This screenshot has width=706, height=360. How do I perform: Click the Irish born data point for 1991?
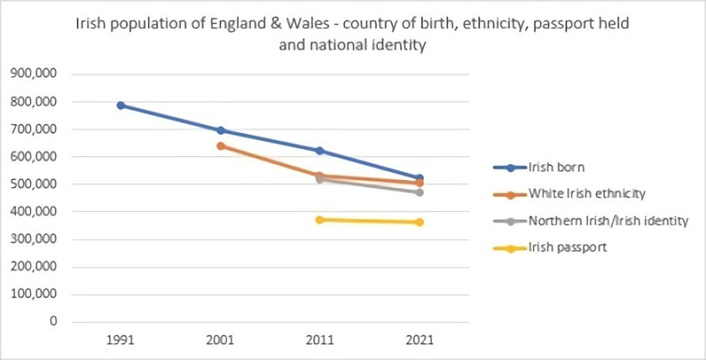[x=121, y=106]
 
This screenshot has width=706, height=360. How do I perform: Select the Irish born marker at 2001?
[x=221, y=131]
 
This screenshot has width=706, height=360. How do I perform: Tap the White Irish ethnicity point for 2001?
[x=221, y=146]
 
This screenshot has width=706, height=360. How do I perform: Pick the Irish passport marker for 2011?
[x=319, y=220]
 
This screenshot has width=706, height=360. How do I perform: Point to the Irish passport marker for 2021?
[x=419, y=222]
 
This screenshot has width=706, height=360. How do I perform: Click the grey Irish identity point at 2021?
[x=419, y=192]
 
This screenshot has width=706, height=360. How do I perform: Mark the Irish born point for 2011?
[x=319, y=151]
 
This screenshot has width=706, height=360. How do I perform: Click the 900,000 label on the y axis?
[x=33, y=74]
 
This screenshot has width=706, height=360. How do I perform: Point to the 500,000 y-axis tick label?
[x=33, y=184]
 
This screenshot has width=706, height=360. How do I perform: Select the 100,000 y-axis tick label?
[x=33, y=294]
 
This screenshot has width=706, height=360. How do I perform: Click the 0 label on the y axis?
[x=53, y=321]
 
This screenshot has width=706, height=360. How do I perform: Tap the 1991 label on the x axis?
[x=121, y=339]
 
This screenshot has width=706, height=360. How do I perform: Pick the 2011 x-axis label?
[x=319, y=339]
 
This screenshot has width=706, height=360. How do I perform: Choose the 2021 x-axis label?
[x=419, y=339]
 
